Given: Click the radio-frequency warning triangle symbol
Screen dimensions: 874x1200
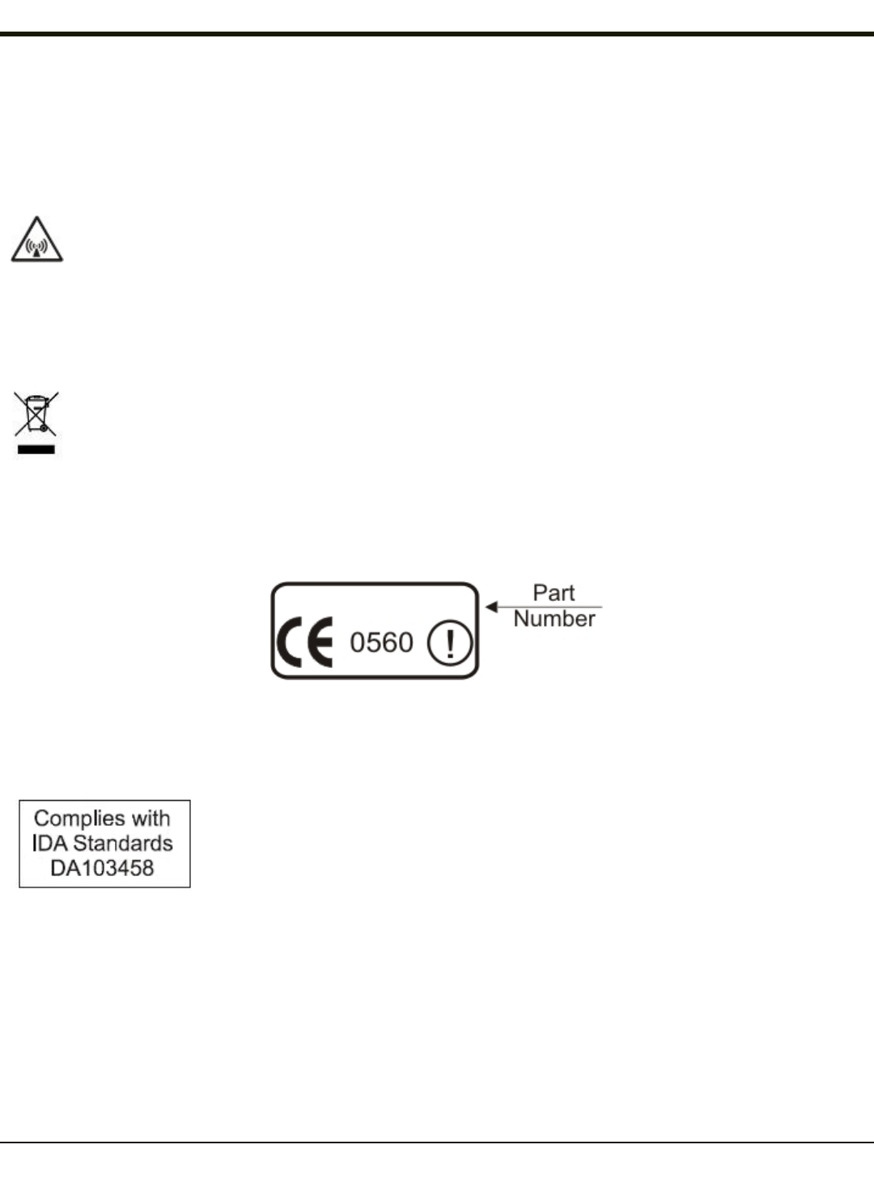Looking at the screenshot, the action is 37,240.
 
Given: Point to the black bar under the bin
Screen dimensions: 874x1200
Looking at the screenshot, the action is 36,449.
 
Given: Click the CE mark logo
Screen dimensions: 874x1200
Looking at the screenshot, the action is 305,643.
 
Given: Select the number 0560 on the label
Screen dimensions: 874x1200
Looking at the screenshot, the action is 381,643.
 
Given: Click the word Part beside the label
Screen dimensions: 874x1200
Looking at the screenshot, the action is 554,593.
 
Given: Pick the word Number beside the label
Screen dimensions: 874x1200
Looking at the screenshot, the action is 554,619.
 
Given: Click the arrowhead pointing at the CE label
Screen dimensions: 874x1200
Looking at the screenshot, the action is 491,606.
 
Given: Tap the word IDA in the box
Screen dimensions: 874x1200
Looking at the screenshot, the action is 49,844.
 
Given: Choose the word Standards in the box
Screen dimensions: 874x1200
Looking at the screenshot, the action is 123,844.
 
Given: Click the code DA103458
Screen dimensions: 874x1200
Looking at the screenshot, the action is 102,869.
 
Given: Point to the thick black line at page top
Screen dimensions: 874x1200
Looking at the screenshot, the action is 437,35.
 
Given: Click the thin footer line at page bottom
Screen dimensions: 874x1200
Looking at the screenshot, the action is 437,1143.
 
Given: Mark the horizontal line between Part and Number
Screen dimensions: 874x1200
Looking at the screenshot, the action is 558,606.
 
